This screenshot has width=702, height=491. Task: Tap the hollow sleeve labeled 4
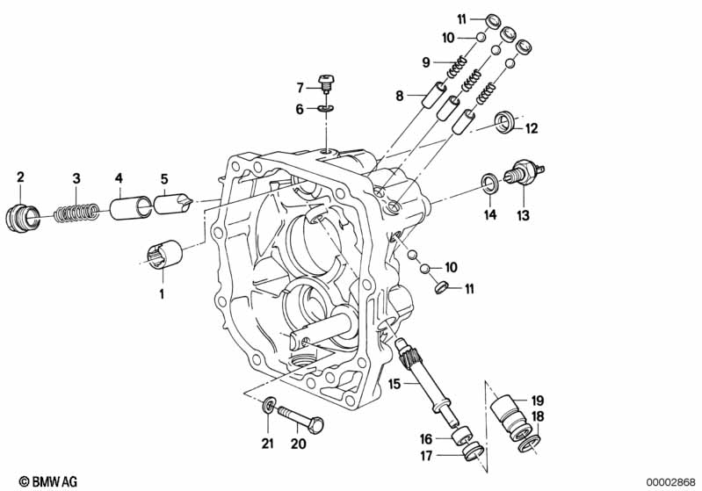pos(130,206)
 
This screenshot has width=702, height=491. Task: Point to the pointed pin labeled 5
pos(173,203)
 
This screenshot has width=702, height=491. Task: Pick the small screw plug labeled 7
pos(325,83)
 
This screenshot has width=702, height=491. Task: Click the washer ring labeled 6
pos(325,109)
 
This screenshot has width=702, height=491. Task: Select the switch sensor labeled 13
pos(524,172)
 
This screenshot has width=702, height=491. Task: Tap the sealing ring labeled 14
pos(490,183)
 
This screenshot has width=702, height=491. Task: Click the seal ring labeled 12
pos(506,123)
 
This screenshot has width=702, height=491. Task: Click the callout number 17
pos(426,456)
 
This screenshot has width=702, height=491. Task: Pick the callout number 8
pos(400,96)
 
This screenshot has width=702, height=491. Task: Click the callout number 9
pos(426,62)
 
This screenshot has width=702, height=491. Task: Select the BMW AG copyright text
pos(48,481)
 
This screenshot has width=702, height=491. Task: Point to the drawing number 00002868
pos(670,482)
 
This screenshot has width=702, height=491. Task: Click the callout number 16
pos(426,439)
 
